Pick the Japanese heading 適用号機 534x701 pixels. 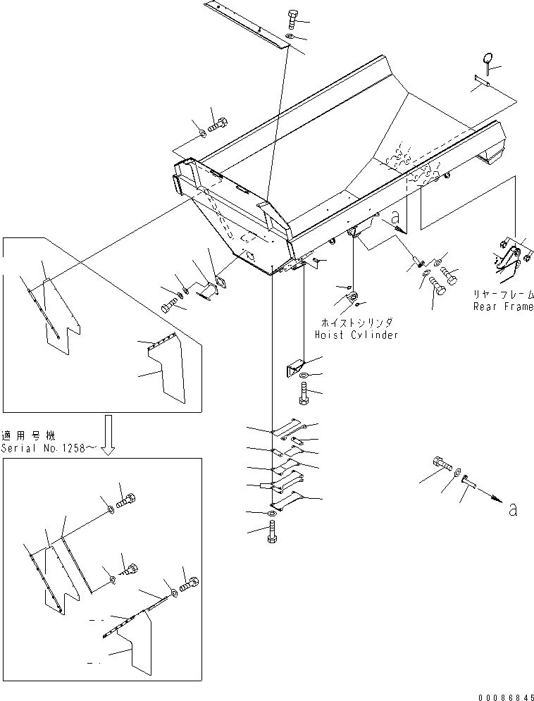click(x=26, y=435)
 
